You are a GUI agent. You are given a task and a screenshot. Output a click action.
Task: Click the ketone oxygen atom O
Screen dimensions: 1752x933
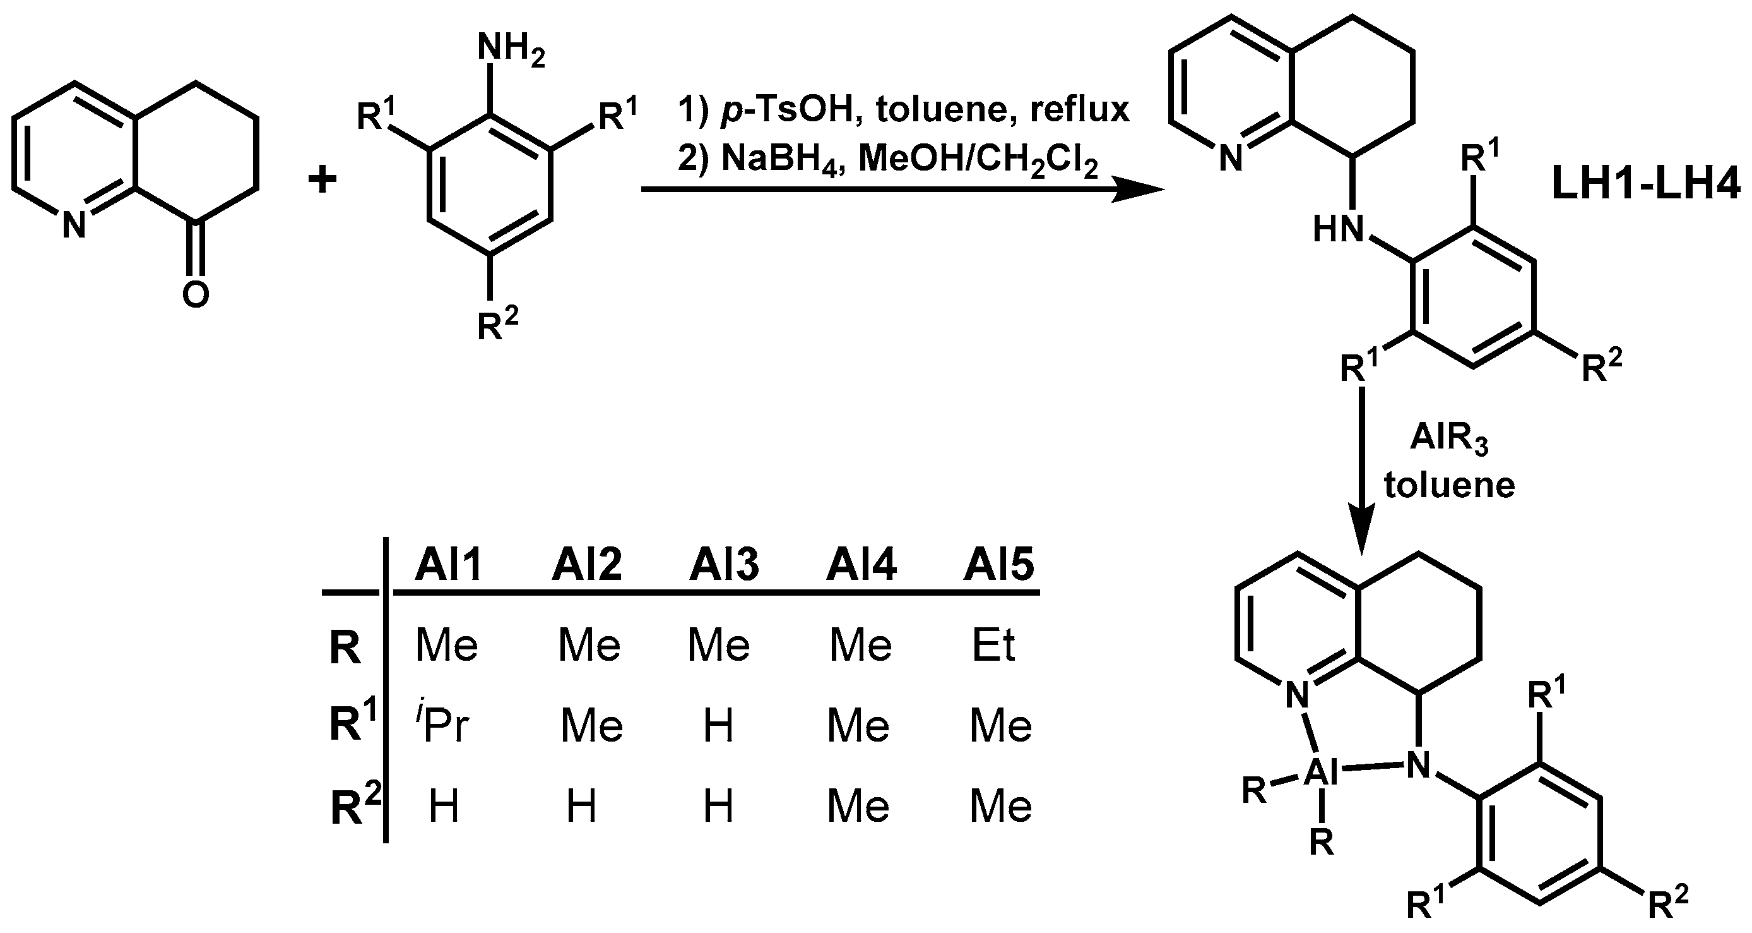tap(195, 294)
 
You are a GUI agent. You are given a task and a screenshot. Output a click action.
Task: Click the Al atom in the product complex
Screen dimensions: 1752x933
tap(1322, 774)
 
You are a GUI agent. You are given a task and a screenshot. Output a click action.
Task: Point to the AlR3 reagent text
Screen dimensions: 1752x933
tap(1449, 440)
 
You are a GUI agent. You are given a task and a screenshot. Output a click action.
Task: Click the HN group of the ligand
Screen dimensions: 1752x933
tap(1339, 229)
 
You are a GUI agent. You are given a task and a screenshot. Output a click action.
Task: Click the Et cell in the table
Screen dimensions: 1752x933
tap(993, 645)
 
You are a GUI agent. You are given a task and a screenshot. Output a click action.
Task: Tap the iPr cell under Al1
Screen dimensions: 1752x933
tap(443, 725)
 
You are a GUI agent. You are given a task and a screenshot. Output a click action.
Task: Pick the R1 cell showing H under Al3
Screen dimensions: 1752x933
tap(719, 725)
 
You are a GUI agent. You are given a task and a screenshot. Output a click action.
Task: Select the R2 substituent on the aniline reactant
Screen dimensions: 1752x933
tap(497, 325)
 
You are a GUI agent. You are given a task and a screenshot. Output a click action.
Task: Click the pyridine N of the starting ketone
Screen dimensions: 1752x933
tap(74, 226)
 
